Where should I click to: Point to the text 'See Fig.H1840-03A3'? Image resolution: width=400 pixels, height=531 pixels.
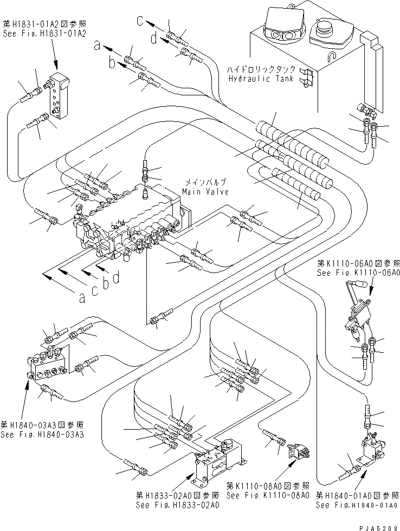pos(35,435)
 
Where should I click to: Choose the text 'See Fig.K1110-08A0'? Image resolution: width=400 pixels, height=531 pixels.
pos(268,495)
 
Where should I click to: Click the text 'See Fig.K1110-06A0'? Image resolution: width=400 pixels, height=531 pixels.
pos(358,274)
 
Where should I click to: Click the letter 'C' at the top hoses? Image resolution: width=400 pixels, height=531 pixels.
pos(140,21)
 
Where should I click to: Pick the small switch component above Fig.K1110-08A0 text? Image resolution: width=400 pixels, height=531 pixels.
pos(298,451)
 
